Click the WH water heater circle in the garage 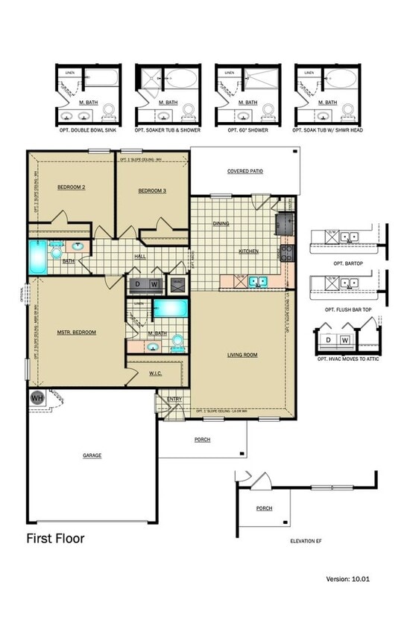pos(37,398)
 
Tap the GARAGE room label pos(92,455)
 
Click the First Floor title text pos(55,538)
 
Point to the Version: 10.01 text pos(347,578)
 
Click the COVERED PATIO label pos(244,171)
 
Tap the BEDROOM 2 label pos(72,188)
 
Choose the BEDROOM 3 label pos(151,191)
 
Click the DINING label pos(221,223)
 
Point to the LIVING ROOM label pos(242,355)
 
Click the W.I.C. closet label pos(155,374)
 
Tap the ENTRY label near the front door pos(174,400)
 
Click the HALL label pos(139,257)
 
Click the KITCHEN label pos(248,251)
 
